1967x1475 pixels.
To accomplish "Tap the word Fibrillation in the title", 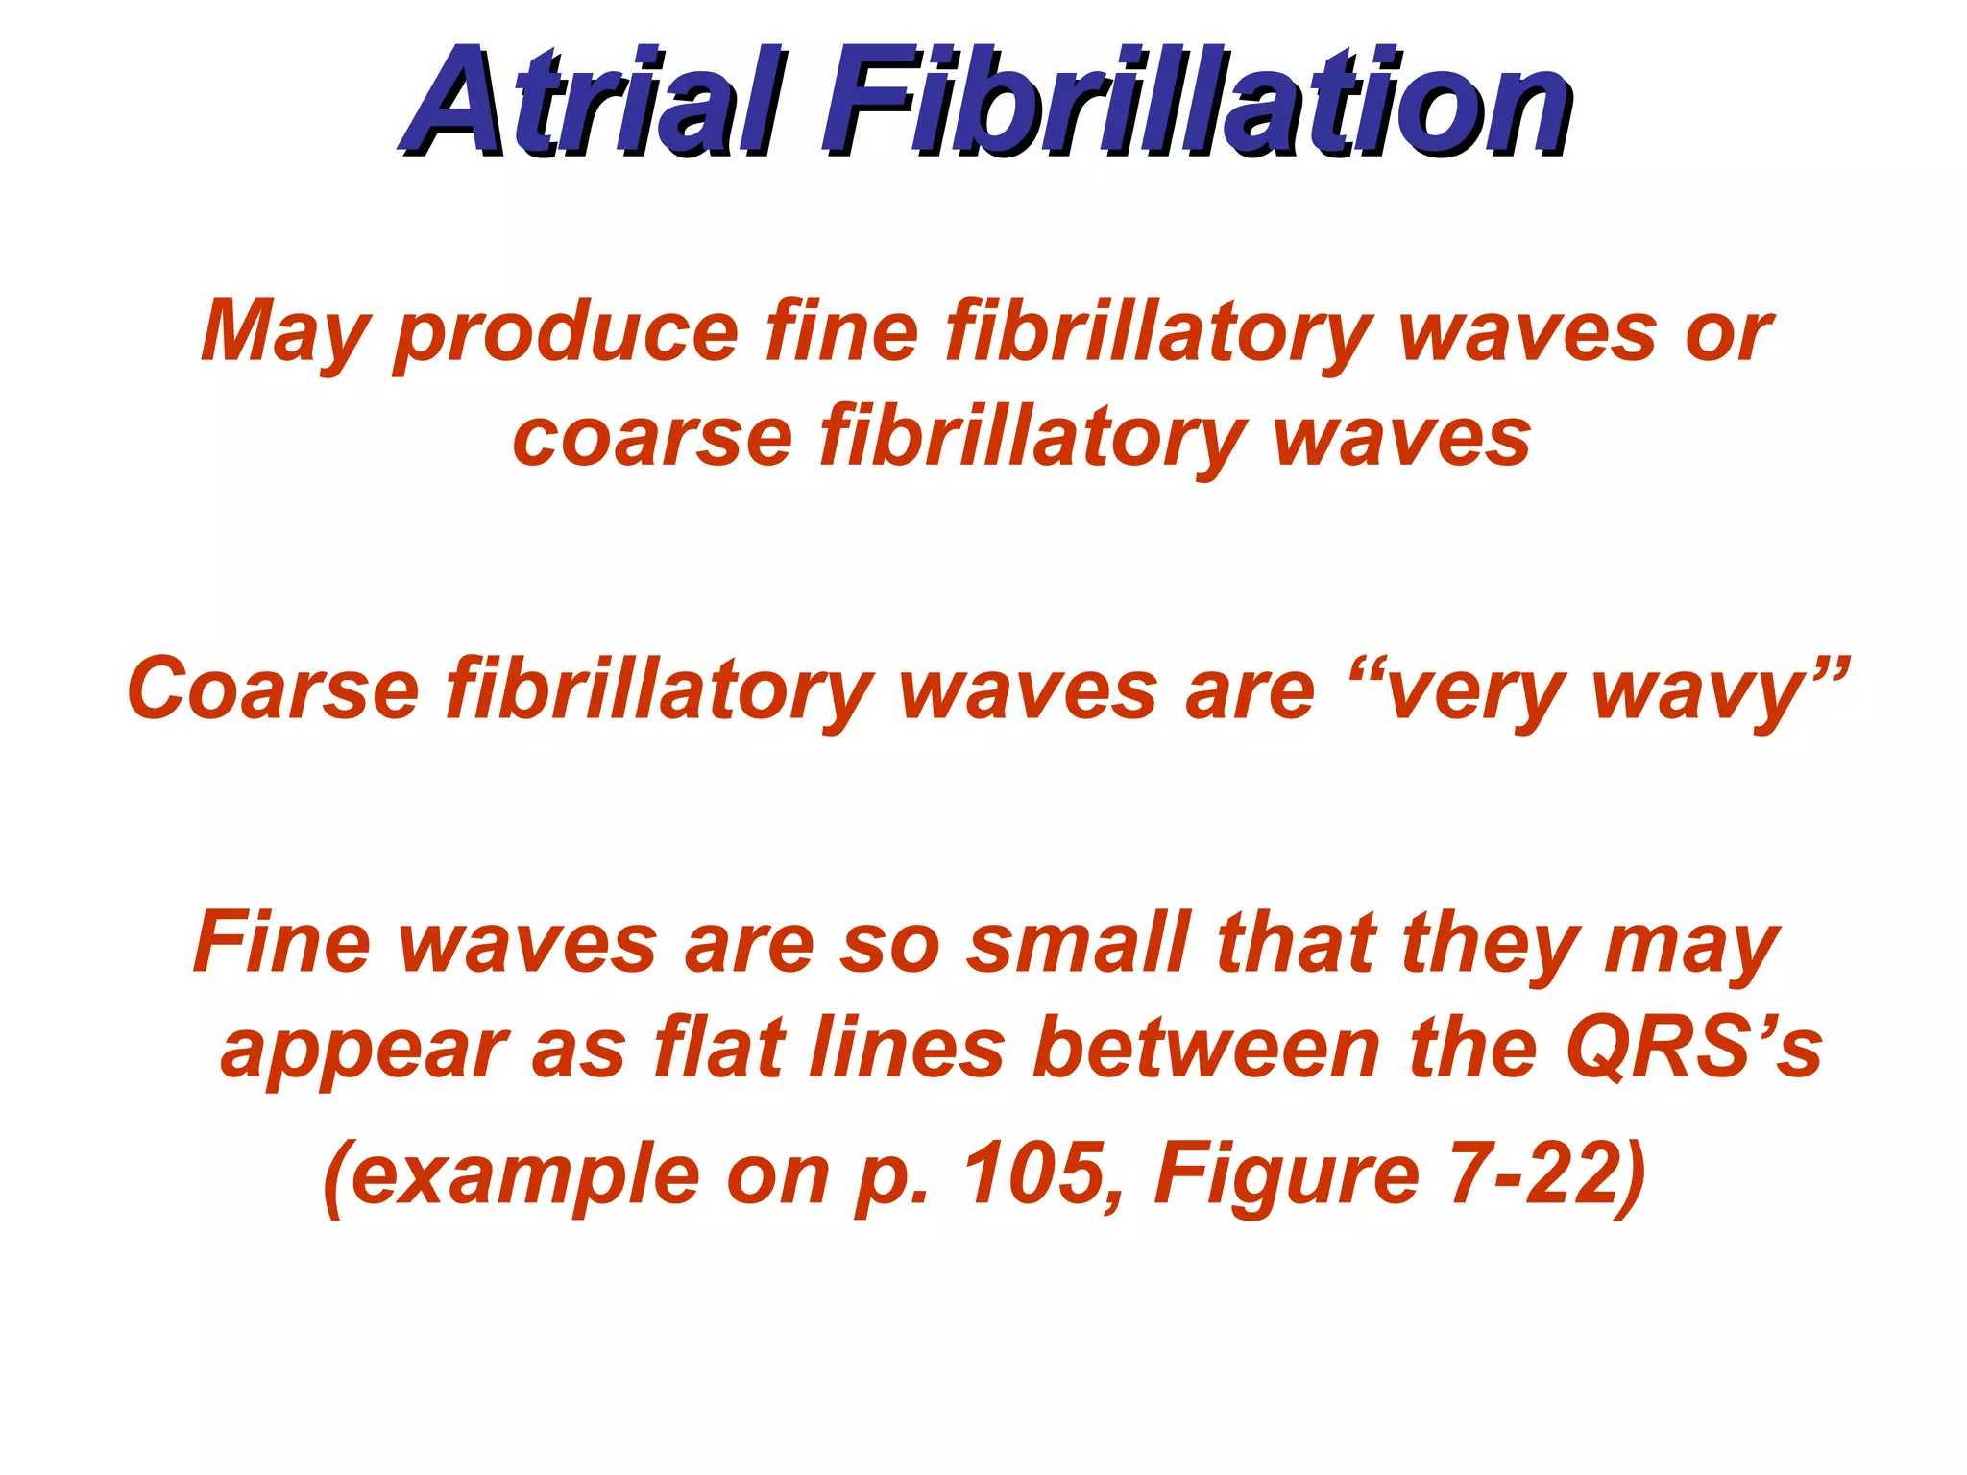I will [1197, 104].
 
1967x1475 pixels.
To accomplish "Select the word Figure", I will [1287, 1177].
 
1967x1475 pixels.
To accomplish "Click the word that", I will [1297, 943].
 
